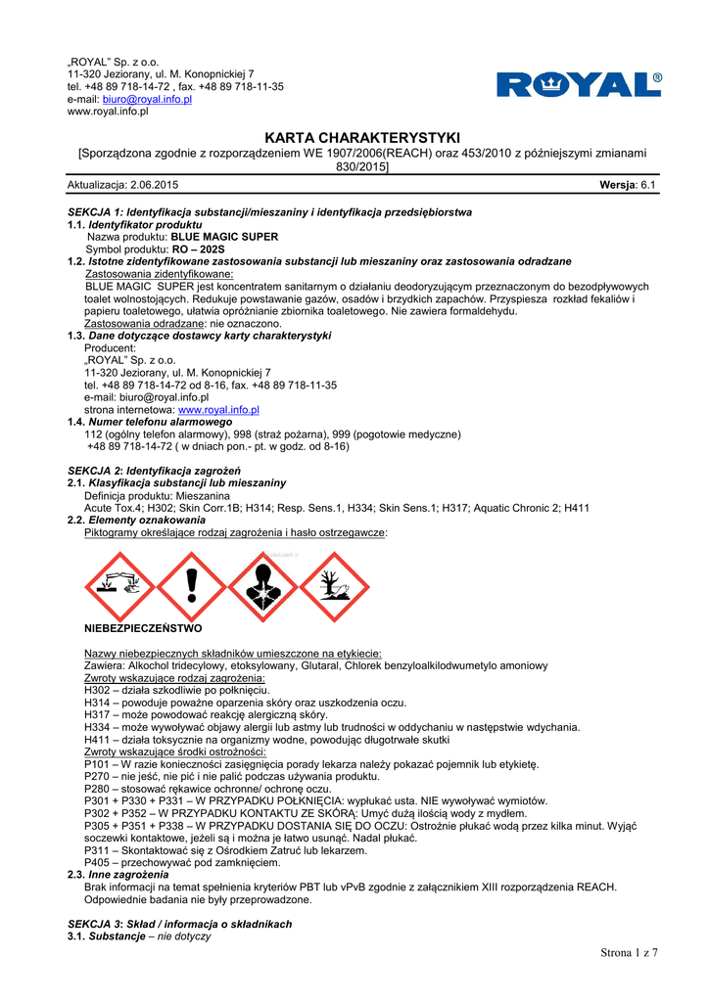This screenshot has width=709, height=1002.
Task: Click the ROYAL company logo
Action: (x=579, y=84)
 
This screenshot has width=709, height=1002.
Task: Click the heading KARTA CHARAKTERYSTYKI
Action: (x=362, y=138)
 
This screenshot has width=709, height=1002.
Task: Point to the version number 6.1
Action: (x=647, y=185)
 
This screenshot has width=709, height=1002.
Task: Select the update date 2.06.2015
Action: (x=151, y=185)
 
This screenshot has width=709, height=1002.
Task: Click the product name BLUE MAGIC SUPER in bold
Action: (x=224, y=237)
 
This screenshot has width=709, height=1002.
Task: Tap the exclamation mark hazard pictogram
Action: (x=191, y=587)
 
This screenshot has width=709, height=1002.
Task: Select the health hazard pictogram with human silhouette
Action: (x=262, y=587)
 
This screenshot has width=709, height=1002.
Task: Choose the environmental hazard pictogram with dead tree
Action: (x=334, y=587)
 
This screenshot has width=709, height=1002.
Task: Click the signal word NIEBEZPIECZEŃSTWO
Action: (x=143, y=628)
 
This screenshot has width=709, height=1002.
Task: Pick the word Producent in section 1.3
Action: (x=111, y=347)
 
